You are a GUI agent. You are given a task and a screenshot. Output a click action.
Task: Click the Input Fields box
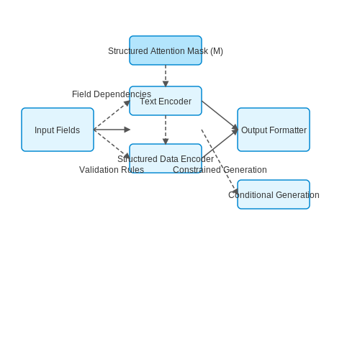point(58,130)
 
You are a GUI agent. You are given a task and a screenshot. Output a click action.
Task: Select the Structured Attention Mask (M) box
point(166,50)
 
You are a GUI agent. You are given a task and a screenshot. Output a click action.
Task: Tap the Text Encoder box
point(166,101)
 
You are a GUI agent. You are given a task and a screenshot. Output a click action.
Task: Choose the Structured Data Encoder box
point(166,158)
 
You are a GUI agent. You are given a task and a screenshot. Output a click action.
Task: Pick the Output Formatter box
point(274,130)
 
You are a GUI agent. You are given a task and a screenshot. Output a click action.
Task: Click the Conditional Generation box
point(274,194)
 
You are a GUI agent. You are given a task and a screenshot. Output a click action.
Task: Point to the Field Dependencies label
point(112,94)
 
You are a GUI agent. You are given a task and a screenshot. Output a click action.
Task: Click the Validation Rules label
point(112,170)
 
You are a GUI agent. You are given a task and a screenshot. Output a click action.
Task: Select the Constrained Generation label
point(220,170)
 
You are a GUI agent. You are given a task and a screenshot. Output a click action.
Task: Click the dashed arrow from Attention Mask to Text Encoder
point(166,76)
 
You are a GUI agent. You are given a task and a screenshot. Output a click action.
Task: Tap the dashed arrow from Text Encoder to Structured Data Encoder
point(166,130)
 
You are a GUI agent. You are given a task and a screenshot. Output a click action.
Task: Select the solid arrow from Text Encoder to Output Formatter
point(220,115)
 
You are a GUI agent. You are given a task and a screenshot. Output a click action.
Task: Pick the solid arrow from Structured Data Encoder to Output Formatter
point(220,144)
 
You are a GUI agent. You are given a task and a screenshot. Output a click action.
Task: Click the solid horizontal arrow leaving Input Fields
point(112,130)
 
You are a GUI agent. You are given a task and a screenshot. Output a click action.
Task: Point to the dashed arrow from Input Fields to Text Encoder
point(112,115)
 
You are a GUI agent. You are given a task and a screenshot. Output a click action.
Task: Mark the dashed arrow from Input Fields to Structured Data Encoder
point(112,144)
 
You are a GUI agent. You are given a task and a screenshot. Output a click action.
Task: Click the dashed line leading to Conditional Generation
point(219,161)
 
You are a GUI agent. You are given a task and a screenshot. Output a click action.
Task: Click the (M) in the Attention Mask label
point(217,51)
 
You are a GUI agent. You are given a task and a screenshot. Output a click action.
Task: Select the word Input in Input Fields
point(41,130)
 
